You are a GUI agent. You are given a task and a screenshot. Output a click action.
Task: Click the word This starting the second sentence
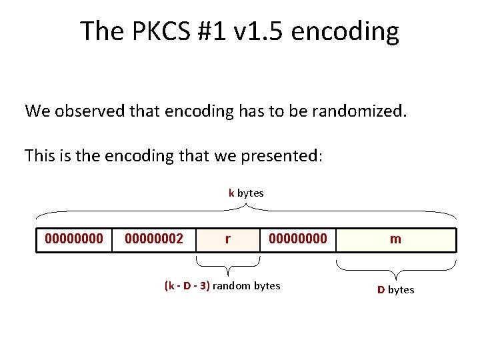pos(41,156)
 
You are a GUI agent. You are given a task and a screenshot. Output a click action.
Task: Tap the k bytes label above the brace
pos(246,193)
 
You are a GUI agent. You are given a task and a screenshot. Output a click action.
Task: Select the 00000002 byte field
pos(154,239)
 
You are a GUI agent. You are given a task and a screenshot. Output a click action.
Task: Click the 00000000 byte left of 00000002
pos(74,239)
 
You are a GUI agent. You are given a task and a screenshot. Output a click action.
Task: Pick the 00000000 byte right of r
pos(297,239)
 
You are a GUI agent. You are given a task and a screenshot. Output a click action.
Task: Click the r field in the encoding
pos(228,239)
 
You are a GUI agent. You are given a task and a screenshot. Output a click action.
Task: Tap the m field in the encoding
pos(395,239)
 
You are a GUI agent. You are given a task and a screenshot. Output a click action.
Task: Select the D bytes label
pos(395,289)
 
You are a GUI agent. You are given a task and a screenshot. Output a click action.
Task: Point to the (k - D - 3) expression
pos(187,286)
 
